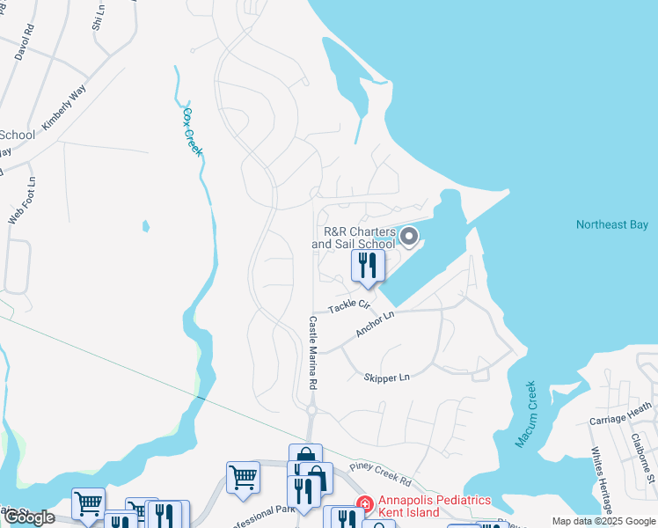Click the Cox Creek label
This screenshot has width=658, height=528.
pyautogui.click(x=192, y=132)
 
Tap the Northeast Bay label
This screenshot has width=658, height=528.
pyautogui.click(x=611, y=225)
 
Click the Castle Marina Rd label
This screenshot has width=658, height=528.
pyautogui.click(x=311, y=354)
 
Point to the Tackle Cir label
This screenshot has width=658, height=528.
pyautogui.click(x=349, y=305)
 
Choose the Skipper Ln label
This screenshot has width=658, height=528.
pyautogui.click(x=387, y=378)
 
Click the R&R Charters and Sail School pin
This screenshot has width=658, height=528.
pyautogui.click(x=407, y=237)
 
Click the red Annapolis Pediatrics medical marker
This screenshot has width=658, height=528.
pyautogui.click(x=362, y=503)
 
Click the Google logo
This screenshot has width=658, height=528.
pyautogui.click(x=29, y=517)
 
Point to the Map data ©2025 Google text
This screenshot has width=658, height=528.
pyautogui.click(x=603, y=521)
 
